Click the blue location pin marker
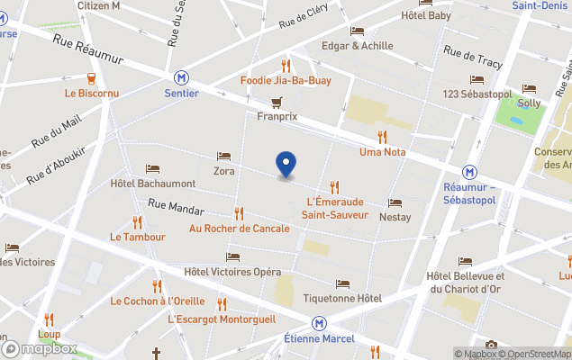click(x=286, y=164)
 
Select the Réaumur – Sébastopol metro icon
click(x=469, y=172)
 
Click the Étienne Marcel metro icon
click(x=319, y=323)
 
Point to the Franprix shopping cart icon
click(x=277, y=102)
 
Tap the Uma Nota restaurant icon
click(x=382, y=137)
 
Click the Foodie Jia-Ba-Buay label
click(x=286, y=80)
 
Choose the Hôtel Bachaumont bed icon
click(x=152, y=169)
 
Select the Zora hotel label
click(x=223, y=170)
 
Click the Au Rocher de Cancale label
click(x=239, y=228)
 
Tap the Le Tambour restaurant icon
click(x=138, y=221)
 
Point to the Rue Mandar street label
click(x=176, y=207)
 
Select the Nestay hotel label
click(x=395, y=217)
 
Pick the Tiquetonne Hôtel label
click(x=342, y=298)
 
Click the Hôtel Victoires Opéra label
click(x=232, y=272)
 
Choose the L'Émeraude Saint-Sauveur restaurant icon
click(x=335, y=186)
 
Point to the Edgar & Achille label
click(x=357, y=46)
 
